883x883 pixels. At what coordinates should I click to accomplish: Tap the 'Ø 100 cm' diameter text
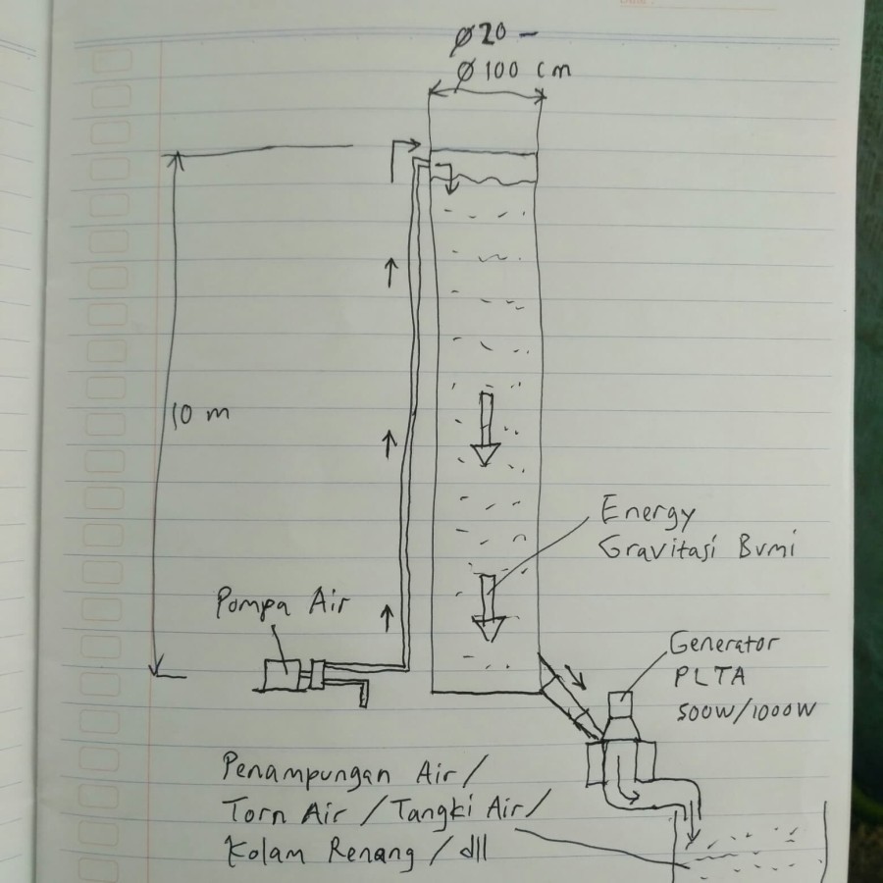512,72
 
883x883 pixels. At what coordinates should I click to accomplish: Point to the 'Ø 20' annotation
481,37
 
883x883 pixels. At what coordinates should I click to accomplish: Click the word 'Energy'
648,514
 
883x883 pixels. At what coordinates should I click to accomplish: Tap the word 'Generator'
724,646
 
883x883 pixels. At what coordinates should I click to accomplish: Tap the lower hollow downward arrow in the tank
487,608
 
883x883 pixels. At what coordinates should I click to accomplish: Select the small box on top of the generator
620,703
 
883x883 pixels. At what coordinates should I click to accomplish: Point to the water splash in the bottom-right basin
746,846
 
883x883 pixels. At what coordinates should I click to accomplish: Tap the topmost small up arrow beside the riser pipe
390,270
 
